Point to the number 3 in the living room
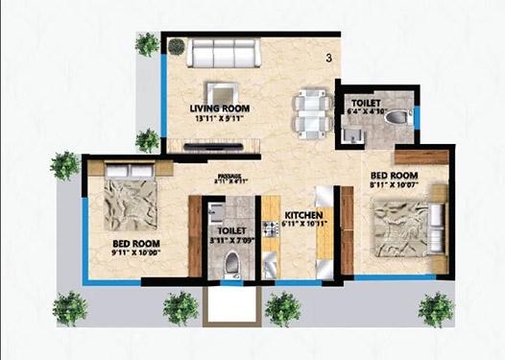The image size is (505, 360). (329, 60)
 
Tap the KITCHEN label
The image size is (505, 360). (301, 214)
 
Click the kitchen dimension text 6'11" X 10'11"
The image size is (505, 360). (303, 225)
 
